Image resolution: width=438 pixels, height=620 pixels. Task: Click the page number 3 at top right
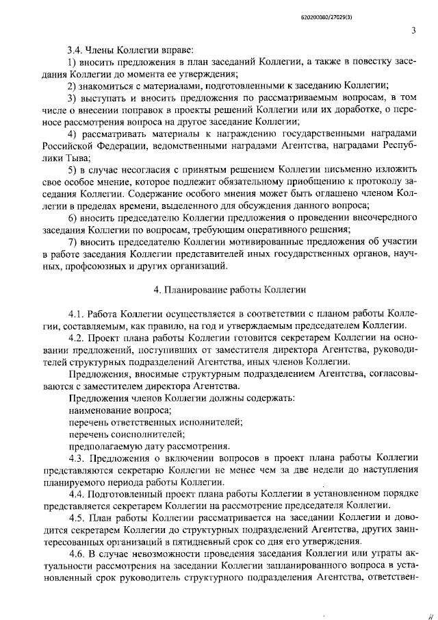413,29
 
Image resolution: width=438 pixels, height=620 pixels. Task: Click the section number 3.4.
75,50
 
